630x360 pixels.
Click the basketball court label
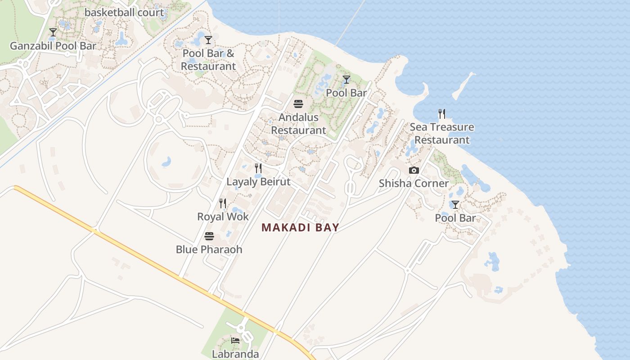[124, 13]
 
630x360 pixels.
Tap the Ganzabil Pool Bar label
[53, 46]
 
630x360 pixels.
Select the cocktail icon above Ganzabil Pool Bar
[53, 32]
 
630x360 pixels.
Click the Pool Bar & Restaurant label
[208, 59]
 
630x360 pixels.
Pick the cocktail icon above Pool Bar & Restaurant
[208, 40]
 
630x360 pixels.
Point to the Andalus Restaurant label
[298, 124]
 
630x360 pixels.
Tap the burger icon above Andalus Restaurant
[298, 104]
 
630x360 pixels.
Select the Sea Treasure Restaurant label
[442, 133]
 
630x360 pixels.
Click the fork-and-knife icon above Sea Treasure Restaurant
[442, 114]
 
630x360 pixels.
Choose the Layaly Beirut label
[258, 182]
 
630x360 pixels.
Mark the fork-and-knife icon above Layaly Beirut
[258, 168]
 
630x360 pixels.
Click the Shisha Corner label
[414, 183]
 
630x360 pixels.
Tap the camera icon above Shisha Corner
[414, 170]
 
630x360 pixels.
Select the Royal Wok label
[223, 217]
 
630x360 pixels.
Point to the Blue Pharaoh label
[209, 249]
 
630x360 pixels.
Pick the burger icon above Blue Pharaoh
[209, 236]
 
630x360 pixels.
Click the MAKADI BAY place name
[300, 228]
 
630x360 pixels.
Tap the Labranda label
[235, 354]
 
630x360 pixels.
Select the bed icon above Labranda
[235, 341]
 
